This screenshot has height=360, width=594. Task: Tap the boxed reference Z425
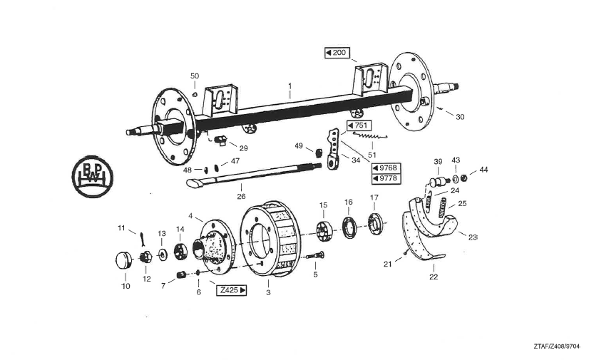pyautogui.click(x=232, y=290)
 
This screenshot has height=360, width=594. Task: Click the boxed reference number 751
pyautogui.click(x=359, y=125)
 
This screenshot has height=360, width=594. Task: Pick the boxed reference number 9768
pyautogui.click(x=385, y=168)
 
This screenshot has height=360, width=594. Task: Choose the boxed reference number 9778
pyautogui.click(x=385, y=178)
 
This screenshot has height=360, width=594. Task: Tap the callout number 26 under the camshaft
pyautogui.click(x=241, y=197)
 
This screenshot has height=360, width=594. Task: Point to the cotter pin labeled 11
pyautogui.click(x=142, y=237)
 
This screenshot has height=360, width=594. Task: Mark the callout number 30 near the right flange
pyautogui.click(x=459, y=117)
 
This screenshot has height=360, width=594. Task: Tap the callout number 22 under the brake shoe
pyautogui.click(x=434, y=277)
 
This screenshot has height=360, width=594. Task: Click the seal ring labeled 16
pyautogui.click(x=349, y=227)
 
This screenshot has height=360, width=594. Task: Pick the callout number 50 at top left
pyautogui.click(x=195, y=76)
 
